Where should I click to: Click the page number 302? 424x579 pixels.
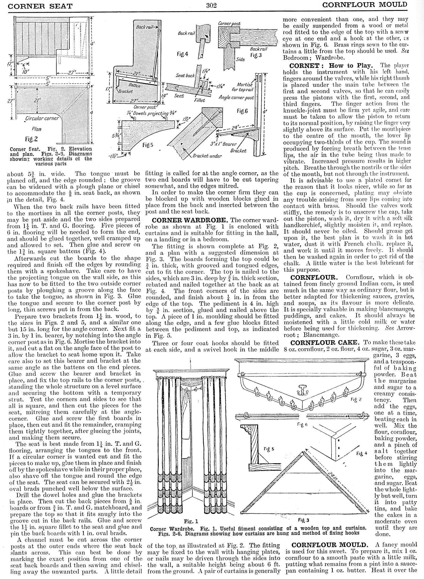[211, 5]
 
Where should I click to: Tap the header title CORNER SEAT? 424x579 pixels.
[40, 6]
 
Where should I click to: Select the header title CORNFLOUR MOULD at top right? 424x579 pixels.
[366, 5]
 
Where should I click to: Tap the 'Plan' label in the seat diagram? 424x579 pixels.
[37, 129]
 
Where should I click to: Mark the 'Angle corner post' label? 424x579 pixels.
[236, 97]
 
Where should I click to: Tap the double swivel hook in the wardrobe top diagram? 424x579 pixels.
[301, 391]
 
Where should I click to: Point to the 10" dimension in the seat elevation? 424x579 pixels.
[27, 71]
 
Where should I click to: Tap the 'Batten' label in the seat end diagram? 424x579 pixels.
[135, 85]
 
